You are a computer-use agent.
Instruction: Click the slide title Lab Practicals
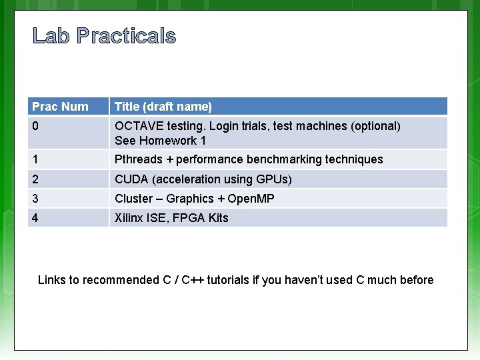[104, 36]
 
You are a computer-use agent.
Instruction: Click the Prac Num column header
[61, 107]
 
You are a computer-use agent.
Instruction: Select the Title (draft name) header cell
[163, 107]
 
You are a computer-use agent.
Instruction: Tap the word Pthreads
[139, 159]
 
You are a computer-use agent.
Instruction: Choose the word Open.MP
[251, 199]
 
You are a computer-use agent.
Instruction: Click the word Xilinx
[131, 218]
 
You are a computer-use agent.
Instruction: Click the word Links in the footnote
[52, 280]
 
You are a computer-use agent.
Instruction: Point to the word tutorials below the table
[228, 280]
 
